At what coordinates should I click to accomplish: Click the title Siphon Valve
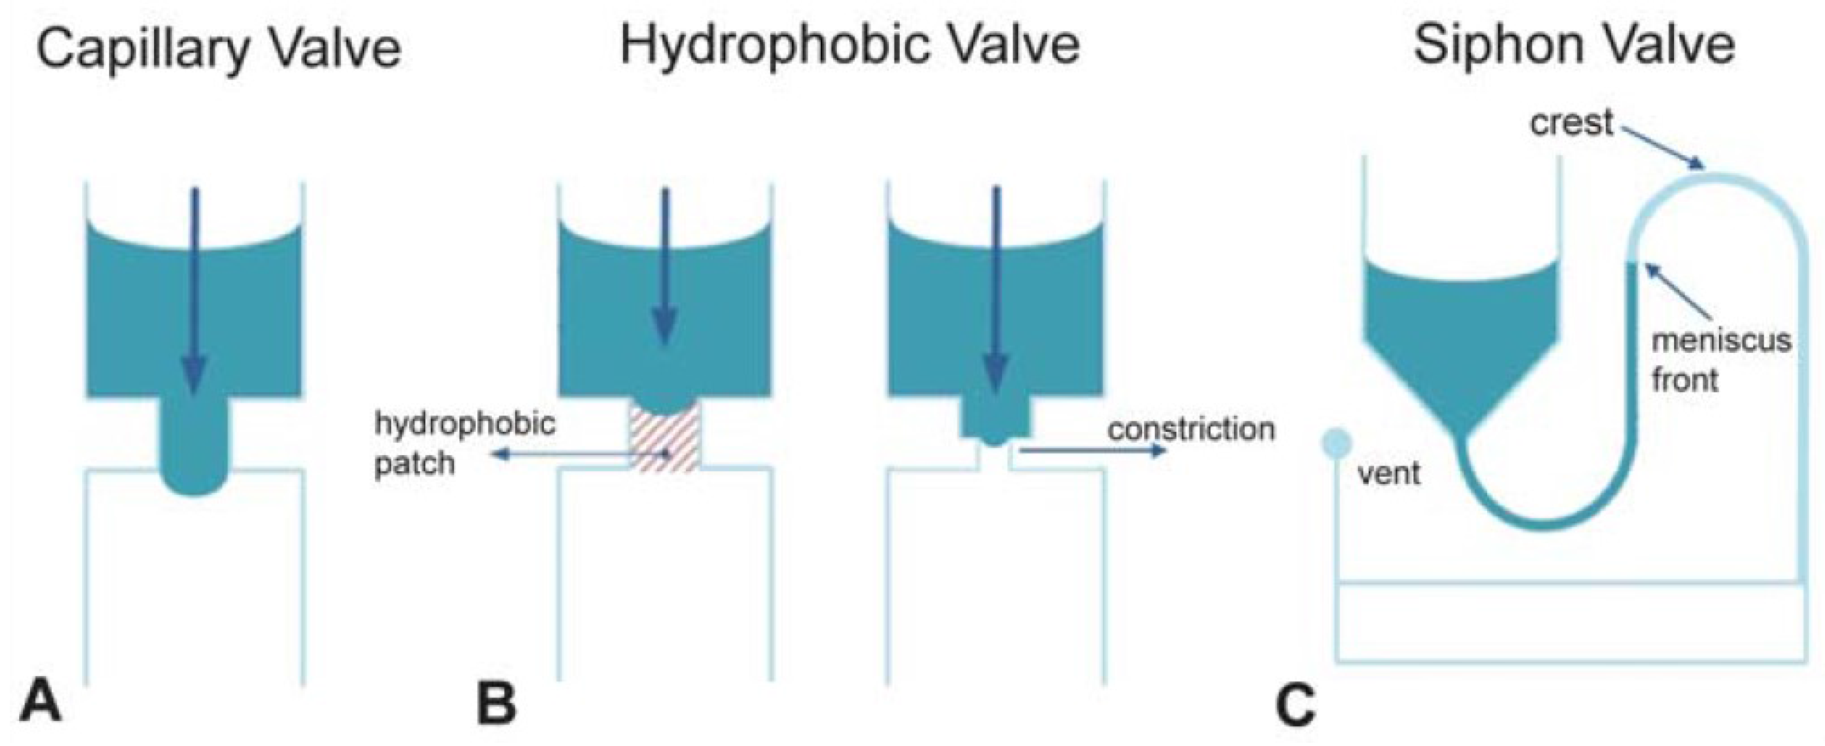pyautogui.click(x=1574, y=44)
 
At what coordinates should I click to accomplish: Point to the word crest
pyautogui.click(x=1572, y=123)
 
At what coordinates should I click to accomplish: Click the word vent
pyautogui.click(x=1388, y=472)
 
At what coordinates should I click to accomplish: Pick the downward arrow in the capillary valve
pyautogui.click(x=194, y=290)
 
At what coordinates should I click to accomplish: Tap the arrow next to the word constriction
pyautogui.click(x=1091, y=451)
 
